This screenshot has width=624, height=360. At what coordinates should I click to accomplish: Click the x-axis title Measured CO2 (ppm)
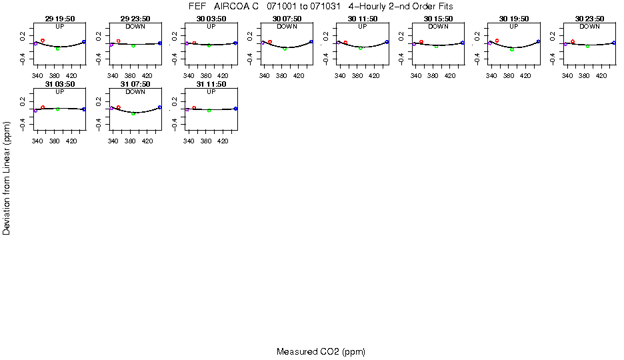coord(321,351)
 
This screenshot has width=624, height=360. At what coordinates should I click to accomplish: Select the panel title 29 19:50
coord(60,19)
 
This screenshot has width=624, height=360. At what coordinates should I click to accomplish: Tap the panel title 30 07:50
coord(287,19)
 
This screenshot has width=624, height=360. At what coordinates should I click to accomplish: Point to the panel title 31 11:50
coord(211,85)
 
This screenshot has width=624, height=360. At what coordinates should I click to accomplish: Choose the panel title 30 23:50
coord(589,19)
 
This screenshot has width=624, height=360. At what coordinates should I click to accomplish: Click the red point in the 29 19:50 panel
coord(43,41)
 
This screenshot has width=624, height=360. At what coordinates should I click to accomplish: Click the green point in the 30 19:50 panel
coord(512,49)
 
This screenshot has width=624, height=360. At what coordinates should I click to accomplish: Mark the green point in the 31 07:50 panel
coord(133,114)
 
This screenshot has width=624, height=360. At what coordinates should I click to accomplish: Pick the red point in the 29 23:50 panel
coord(119,41)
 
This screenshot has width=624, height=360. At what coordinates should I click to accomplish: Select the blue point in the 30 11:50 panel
coord(387,42)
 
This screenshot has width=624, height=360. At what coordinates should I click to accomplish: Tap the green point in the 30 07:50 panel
coord(285,49)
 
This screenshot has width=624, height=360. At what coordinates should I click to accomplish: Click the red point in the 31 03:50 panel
coord(43,107)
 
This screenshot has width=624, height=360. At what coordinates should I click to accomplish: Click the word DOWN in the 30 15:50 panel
coord(438,27)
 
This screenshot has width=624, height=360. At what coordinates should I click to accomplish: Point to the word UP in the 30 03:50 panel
coord(211,27)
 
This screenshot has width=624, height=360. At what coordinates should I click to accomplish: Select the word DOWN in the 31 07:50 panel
coord(135,92)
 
